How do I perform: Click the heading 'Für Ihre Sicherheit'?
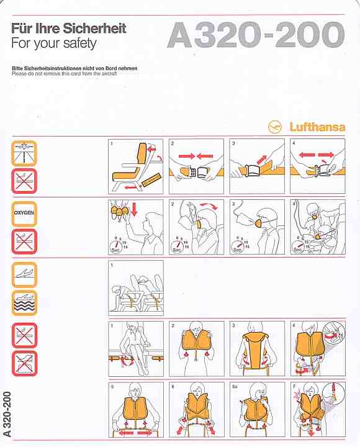tap(69, 29)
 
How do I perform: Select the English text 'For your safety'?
tap(54, 43)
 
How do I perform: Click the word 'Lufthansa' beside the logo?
tap(318, 127)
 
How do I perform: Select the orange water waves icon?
tap(25, 303)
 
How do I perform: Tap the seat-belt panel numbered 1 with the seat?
tap(136, 166)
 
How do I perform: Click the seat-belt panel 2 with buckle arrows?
tap(196, 166)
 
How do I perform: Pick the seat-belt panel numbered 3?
tap(256, 166)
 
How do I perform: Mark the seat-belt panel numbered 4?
tap(317, 166)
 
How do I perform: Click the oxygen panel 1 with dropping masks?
tap(136, 227)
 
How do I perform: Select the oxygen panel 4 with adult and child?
tap(317, 227)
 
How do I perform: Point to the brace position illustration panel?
tap(136, 287)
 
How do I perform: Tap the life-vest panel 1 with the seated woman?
tap(136, 348)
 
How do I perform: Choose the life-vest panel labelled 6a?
tap(256, 409)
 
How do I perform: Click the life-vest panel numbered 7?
tap(317, 409)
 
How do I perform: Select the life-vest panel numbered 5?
tap(136, 409)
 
